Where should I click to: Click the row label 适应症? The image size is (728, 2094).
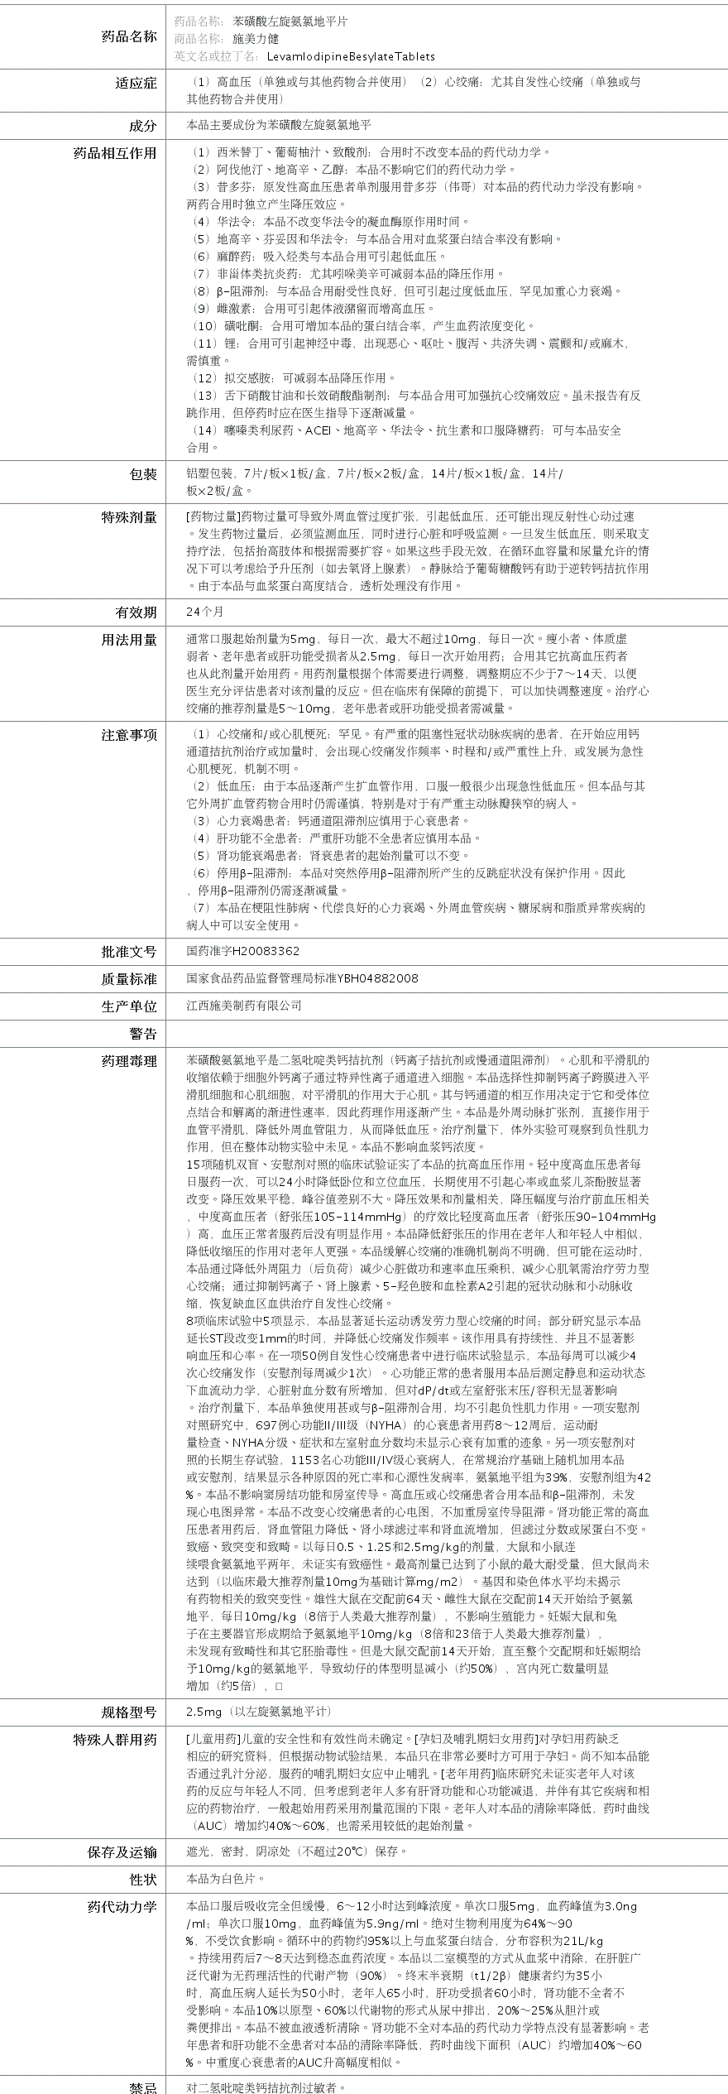tap(136, 83)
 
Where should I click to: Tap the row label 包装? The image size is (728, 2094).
tap(142, 474)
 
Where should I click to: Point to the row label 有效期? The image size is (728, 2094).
tap(136, 612)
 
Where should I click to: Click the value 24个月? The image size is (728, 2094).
tap(205, 612)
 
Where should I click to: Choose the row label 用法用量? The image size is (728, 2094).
tap(129, 640)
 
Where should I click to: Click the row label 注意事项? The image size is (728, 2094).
tap(129, 735)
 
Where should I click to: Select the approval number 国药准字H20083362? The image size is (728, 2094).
tap(243, 952)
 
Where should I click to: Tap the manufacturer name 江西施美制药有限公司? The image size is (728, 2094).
tap(244, 1006)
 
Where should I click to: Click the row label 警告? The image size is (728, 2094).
tap(142, 1034)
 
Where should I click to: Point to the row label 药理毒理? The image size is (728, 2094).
tap(129, 1061)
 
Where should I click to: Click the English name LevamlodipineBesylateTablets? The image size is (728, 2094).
tap(351, 56)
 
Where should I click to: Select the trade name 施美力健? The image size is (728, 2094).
tap(256, 38)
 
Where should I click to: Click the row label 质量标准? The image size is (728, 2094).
tap(129, 979)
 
